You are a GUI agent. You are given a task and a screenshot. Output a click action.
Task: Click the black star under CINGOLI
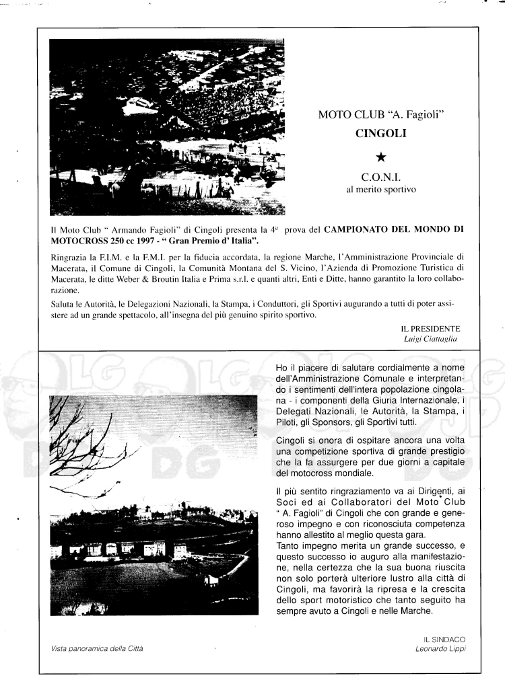381,157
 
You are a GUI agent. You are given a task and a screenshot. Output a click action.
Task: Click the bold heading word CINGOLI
381,133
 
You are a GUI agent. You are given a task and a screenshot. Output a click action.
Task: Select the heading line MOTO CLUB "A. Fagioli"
381,115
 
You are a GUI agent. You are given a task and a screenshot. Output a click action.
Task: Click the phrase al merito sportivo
381,191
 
